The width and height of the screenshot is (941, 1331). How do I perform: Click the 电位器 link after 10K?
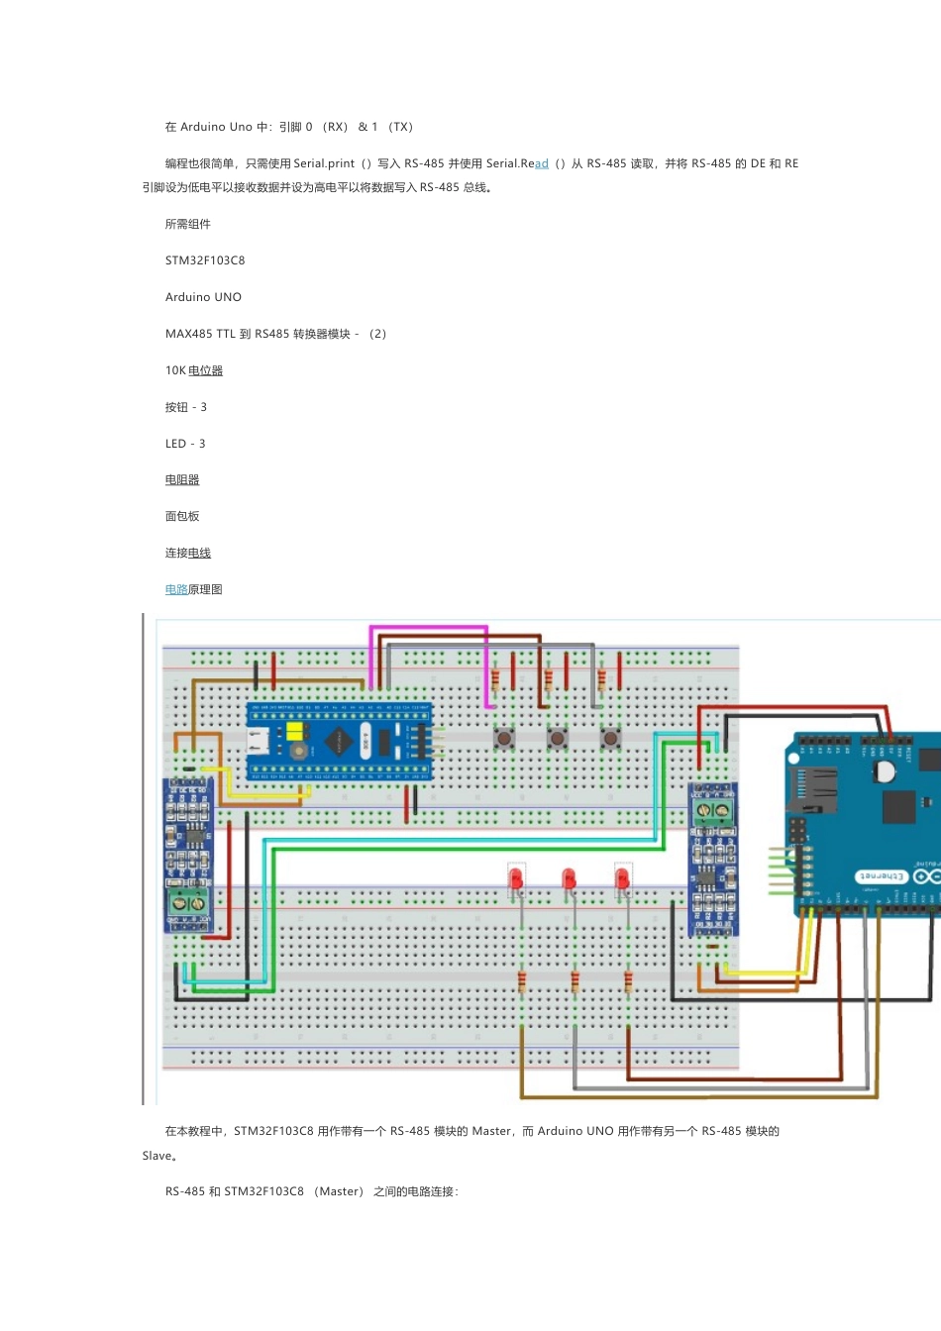[205, 370]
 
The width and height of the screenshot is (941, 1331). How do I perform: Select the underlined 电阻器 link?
[182, 480]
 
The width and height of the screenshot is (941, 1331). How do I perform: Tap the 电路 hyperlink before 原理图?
[176, 590]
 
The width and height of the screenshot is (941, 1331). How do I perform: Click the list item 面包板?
[182, 517]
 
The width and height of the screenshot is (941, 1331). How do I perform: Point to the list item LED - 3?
[185, 444]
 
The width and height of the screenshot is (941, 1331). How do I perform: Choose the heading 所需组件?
[188, 225]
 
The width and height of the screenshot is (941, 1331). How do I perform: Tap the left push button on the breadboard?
[504, 738]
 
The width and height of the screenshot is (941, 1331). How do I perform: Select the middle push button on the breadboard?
[558, 738]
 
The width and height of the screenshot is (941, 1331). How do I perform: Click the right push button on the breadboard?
[610, 738]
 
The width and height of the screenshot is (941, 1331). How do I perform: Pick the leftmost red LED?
[516, 878]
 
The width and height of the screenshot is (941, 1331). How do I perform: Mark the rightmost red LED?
[622, 878]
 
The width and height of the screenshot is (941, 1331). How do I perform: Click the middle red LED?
[569, 878]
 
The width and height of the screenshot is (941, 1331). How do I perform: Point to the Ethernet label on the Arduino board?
[881, 877]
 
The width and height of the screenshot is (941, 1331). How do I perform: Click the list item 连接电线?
[188, 554]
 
